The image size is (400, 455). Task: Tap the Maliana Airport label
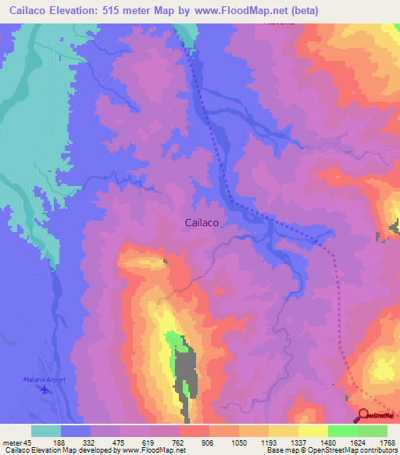tap(44, 380)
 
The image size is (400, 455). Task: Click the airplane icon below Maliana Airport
tap(45, 389)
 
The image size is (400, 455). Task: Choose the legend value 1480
tap(327, 442)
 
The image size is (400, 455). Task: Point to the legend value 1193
tap(268, 442)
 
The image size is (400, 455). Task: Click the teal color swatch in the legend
tap(46, 431)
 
